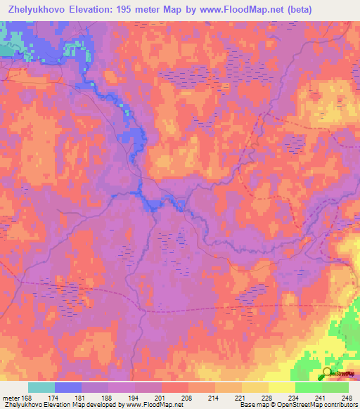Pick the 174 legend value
pyautogui.click(x=55, y=397)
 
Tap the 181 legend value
pyautogui.click(x=82, y=397)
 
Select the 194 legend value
pyautogui.click(x=135, y=397)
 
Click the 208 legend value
pyautogui.click(x=188, y=397)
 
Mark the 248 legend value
pyautogui.click(x=347, y=397)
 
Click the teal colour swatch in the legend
pyautogui.click(x=41, y=387)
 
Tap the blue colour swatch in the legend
pyautogui.click(x=68, y=387)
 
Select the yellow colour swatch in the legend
pyautogui.click(x=281, y=387)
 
